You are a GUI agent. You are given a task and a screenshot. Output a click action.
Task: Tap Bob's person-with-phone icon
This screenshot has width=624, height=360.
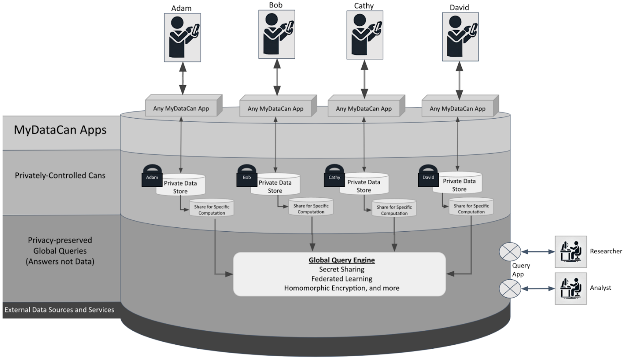(x=277, y=34)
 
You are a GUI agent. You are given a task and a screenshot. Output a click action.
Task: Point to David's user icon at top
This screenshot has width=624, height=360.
(x=460, y=35)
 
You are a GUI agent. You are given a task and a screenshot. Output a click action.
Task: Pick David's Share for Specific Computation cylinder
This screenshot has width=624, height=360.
(x=471, y=207)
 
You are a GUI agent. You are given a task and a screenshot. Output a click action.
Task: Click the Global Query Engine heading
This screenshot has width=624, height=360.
(x=342, y=260)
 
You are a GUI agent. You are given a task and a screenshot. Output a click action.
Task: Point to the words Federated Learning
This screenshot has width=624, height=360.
(x=341, y=278)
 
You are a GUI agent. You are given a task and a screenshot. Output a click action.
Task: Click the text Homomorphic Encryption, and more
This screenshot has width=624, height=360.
(x=341, y=288)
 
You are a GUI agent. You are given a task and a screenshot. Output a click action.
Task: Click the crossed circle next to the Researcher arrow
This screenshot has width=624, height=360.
(x=510, y=252)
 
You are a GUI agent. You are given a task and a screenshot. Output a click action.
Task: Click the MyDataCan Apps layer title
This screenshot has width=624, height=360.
(x=60, y=130)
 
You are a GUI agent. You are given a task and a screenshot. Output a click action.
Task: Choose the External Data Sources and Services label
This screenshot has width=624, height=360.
(x=59, y=310)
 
